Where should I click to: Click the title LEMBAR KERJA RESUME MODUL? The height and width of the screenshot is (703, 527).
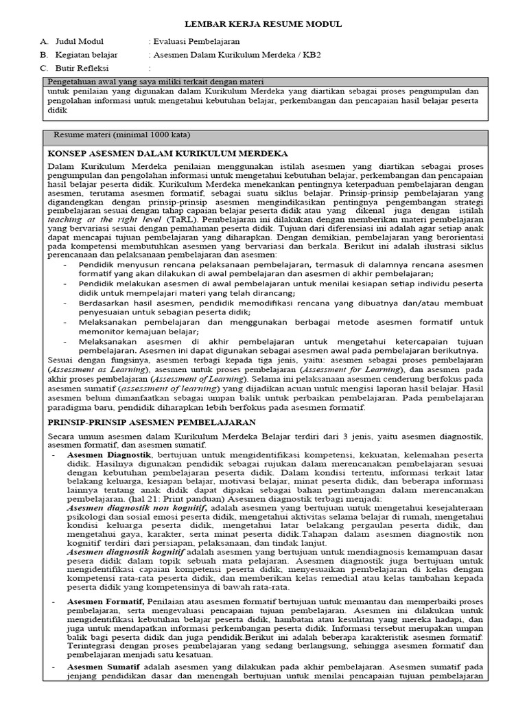263,24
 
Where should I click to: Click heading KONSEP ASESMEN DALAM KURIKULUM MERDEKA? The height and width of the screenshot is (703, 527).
168,153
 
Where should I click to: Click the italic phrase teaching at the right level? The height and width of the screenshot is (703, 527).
93,218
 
